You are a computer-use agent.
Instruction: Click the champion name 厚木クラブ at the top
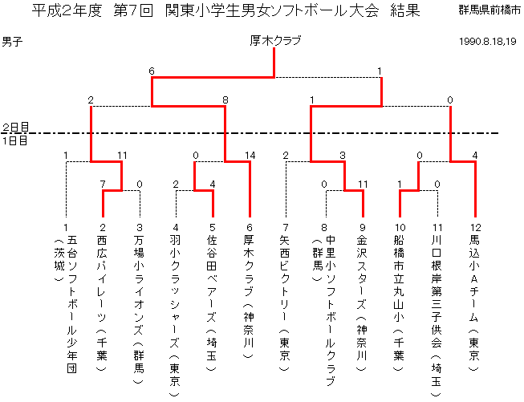click(275, 41)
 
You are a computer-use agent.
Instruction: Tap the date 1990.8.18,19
click(488, 42)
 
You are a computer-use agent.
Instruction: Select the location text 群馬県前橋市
click(489, 10)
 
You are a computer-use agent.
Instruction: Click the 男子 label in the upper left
click(12, 42)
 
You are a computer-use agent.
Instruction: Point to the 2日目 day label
click(16, 127)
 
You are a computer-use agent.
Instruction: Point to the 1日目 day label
click(15, 140)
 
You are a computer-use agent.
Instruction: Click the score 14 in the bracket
click(250, 156)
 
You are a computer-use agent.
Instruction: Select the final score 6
click(152, 71)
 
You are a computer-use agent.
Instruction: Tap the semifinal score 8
click(225, 99)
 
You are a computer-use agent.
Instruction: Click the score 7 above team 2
click(103, 184)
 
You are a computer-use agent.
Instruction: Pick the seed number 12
click(476, 228)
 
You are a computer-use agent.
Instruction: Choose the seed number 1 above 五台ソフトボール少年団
click(66, 228)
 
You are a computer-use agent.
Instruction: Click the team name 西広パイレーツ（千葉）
click(102, 303)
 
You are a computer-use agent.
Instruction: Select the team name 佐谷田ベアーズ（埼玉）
click(212, 303)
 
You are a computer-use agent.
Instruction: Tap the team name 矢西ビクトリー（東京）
click(285, 303)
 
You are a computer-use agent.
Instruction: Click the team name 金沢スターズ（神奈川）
click(362, 303)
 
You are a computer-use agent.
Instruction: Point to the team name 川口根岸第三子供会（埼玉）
click(437, 316)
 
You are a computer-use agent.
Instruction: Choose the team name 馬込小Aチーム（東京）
click(475, 303)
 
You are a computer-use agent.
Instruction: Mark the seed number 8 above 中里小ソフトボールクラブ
click(324, 228)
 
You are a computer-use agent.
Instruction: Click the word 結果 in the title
click(405, 10)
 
